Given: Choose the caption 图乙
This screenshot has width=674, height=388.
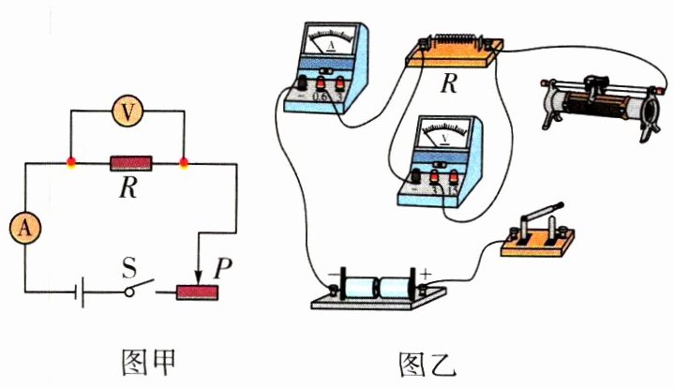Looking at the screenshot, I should point(422,362).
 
